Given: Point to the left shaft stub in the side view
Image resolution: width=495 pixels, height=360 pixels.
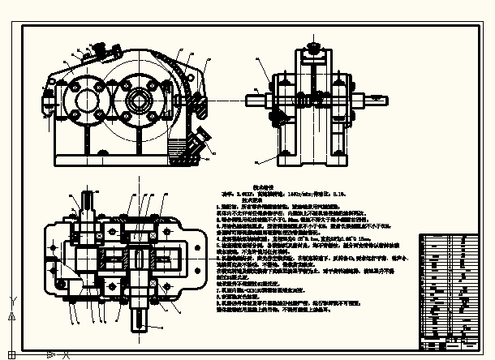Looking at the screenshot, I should pos(258,99).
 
